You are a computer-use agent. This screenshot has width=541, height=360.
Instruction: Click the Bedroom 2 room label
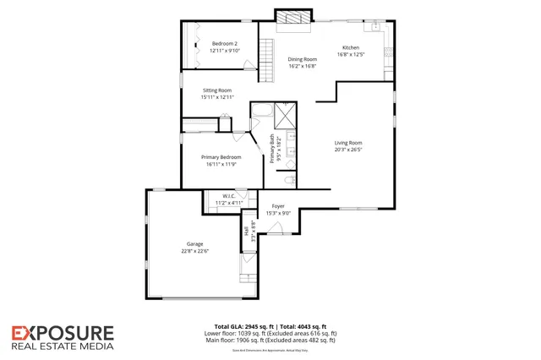(x=226, y=43)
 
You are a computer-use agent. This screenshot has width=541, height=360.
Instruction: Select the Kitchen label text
(x=351, y=47)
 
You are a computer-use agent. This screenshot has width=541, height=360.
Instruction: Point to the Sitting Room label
(x=217, y=90)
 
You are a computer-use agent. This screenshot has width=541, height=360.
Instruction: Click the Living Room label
(x=347, y=143)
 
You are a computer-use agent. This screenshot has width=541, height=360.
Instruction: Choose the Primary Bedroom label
(x=221, y=157)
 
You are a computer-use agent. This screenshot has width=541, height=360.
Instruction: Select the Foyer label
(x=278, y=206)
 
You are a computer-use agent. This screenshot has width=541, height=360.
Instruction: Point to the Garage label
(x=195, y=243)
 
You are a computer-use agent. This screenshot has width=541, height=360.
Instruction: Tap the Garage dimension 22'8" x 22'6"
(x=196, y=251)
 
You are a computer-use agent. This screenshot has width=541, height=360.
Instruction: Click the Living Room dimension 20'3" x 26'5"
(x=347, y=150)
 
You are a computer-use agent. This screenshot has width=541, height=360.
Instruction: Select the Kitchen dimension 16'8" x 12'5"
(x=351, y=54)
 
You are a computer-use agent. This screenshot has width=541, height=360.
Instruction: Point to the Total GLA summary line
(x=270, y=326)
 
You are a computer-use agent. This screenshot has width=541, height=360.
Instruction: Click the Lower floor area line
(x=270, y=333)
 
